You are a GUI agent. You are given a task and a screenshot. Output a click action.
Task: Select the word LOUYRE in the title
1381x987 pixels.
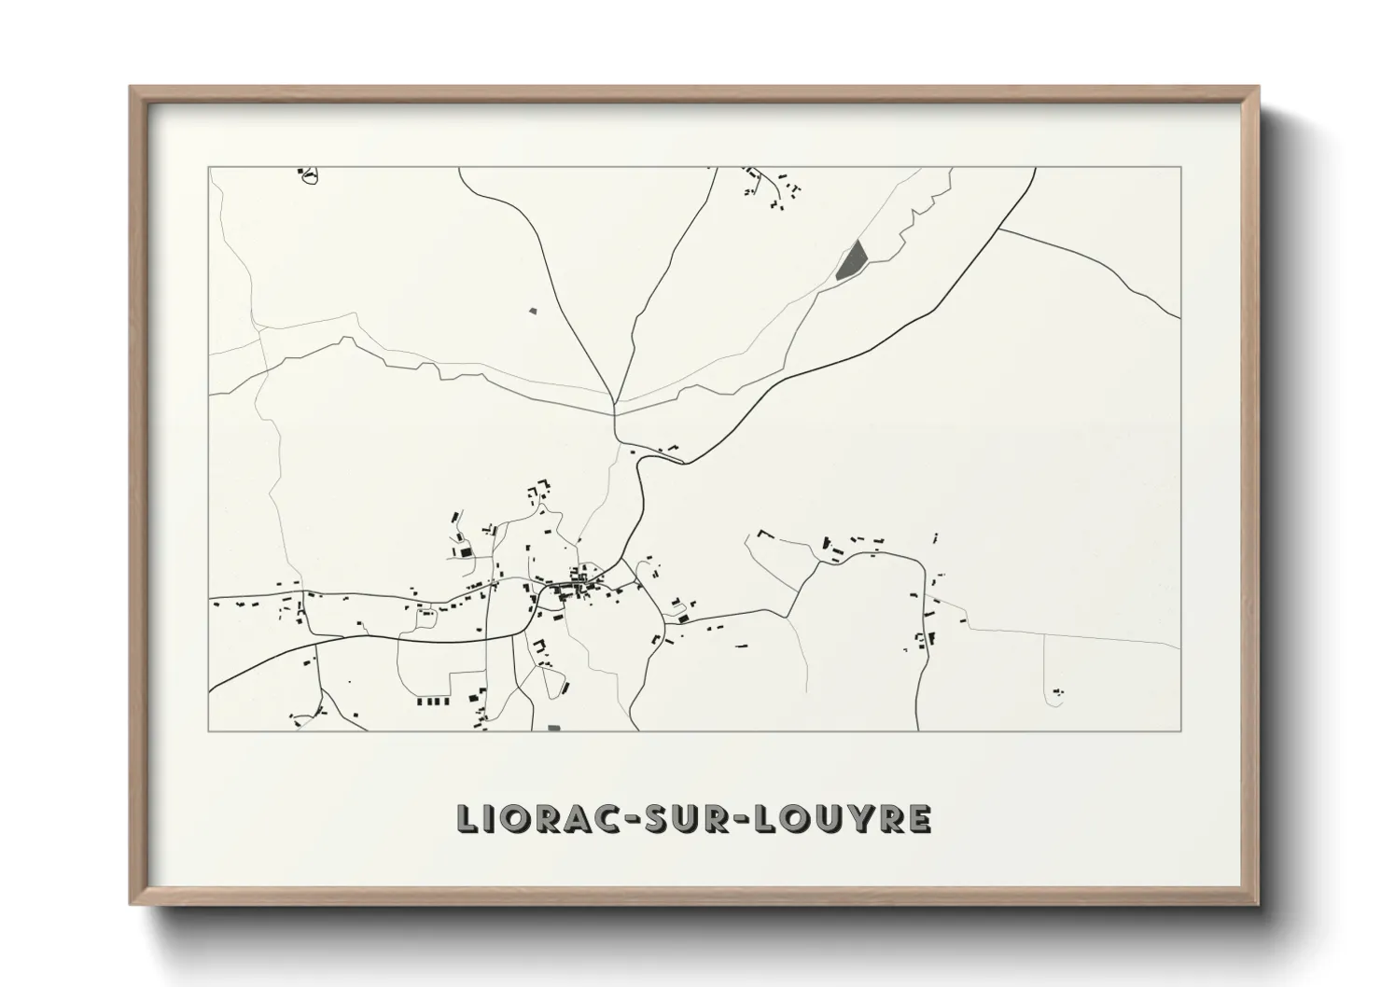(842, 818)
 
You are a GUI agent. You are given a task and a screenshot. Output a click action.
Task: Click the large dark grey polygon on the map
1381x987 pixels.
(850, 260)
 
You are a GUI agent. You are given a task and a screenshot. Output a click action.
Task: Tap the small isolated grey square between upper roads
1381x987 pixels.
(533, 310)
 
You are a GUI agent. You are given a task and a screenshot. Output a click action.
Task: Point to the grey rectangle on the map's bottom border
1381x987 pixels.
(554, 727)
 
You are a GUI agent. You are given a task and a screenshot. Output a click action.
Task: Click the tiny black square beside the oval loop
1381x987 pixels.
(300, 172)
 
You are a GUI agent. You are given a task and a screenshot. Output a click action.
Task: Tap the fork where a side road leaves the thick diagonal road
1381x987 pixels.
(999, 228)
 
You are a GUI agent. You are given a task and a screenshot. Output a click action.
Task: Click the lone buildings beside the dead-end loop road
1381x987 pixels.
(1057, 691)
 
